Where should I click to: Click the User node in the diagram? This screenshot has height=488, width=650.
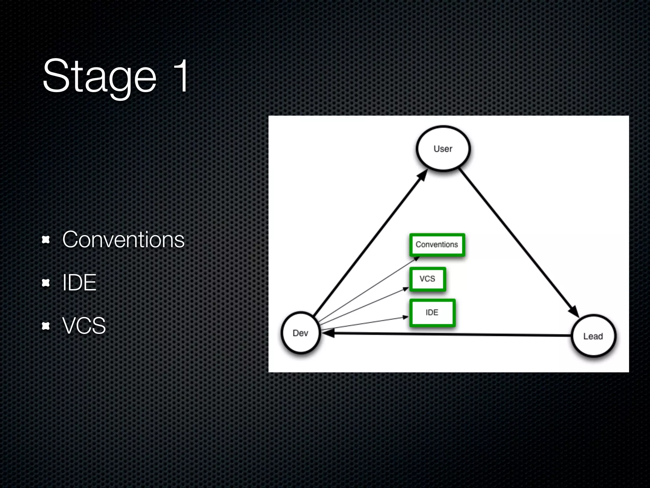click(443, 149)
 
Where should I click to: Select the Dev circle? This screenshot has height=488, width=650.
click(300, 333)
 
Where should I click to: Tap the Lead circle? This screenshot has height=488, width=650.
click(593, 336)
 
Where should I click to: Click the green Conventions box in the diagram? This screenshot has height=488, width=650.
click(437, 245)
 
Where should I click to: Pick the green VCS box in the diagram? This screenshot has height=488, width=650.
click(428, 279)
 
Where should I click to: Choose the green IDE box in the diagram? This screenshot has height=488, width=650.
click(432, 313)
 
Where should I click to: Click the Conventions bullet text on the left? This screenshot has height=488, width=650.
click(123, 240)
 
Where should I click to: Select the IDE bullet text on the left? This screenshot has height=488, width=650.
click(79, 282)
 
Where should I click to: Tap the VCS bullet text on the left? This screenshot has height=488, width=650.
click(84, 326)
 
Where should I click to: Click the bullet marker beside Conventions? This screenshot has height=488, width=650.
click(46, 240)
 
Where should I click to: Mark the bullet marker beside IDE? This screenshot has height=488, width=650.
click(46, 283)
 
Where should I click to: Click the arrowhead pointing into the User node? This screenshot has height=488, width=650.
click(423, 175)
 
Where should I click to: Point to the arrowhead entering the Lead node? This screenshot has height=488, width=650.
click(574, 311)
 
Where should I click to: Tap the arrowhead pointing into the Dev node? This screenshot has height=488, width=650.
click(328, 333)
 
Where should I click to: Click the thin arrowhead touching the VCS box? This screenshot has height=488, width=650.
click(406, 289)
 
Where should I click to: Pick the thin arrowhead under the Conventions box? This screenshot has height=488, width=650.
click(416, 259)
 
